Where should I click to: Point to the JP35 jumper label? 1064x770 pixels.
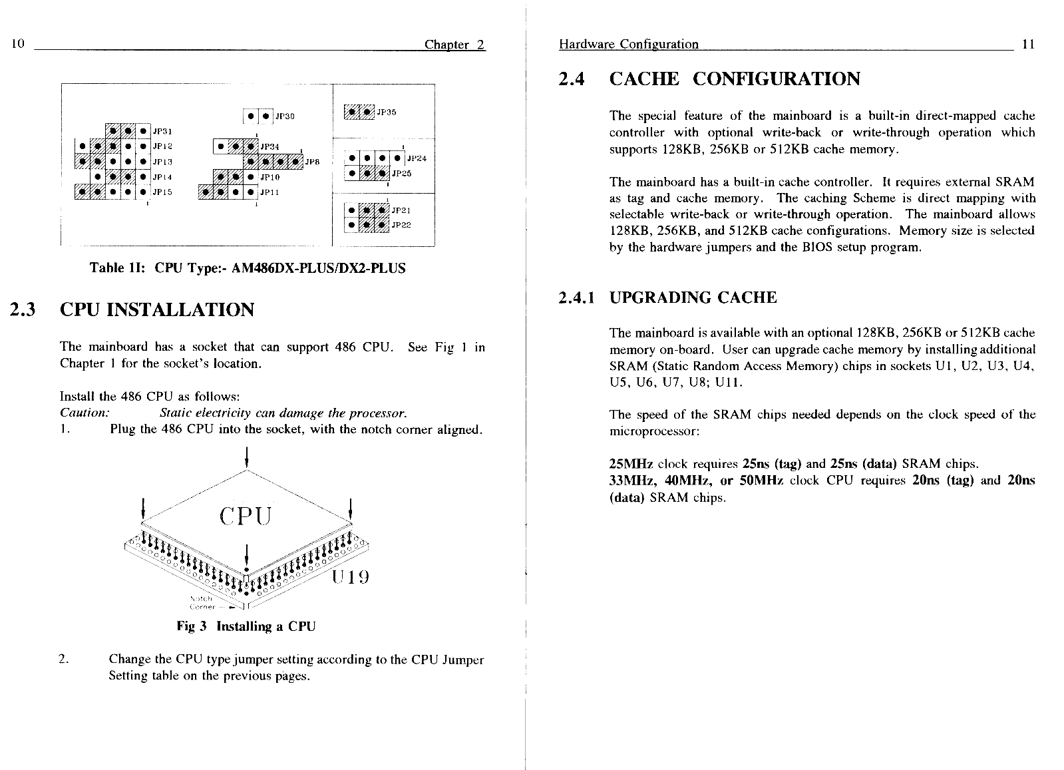point(387,112)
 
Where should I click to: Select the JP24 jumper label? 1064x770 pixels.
point(416,159)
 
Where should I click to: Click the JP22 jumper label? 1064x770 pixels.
point(401,225)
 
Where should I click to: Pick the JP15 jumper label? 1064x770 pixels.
point(162,192)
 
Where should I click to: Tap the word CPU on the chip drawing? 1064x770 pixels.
point(246,516)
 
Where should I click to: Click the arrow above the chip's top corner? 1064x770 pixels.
point(247,457)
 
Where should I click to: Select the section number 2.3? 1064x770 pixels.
point(24,310)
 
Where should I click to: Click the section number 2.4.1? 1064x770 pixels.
point(577,297)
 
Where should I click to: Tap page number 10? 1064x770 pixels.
point(18,44)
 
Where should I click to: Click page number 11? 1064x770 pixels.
point(1027,44)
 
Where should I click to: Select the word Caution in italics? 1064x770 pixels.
point(84,413)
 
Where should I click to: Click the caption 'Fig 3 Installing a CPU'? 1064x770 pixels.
point(246,626)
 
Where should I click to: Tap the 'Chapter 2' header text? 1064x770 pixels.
point(455,45)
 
